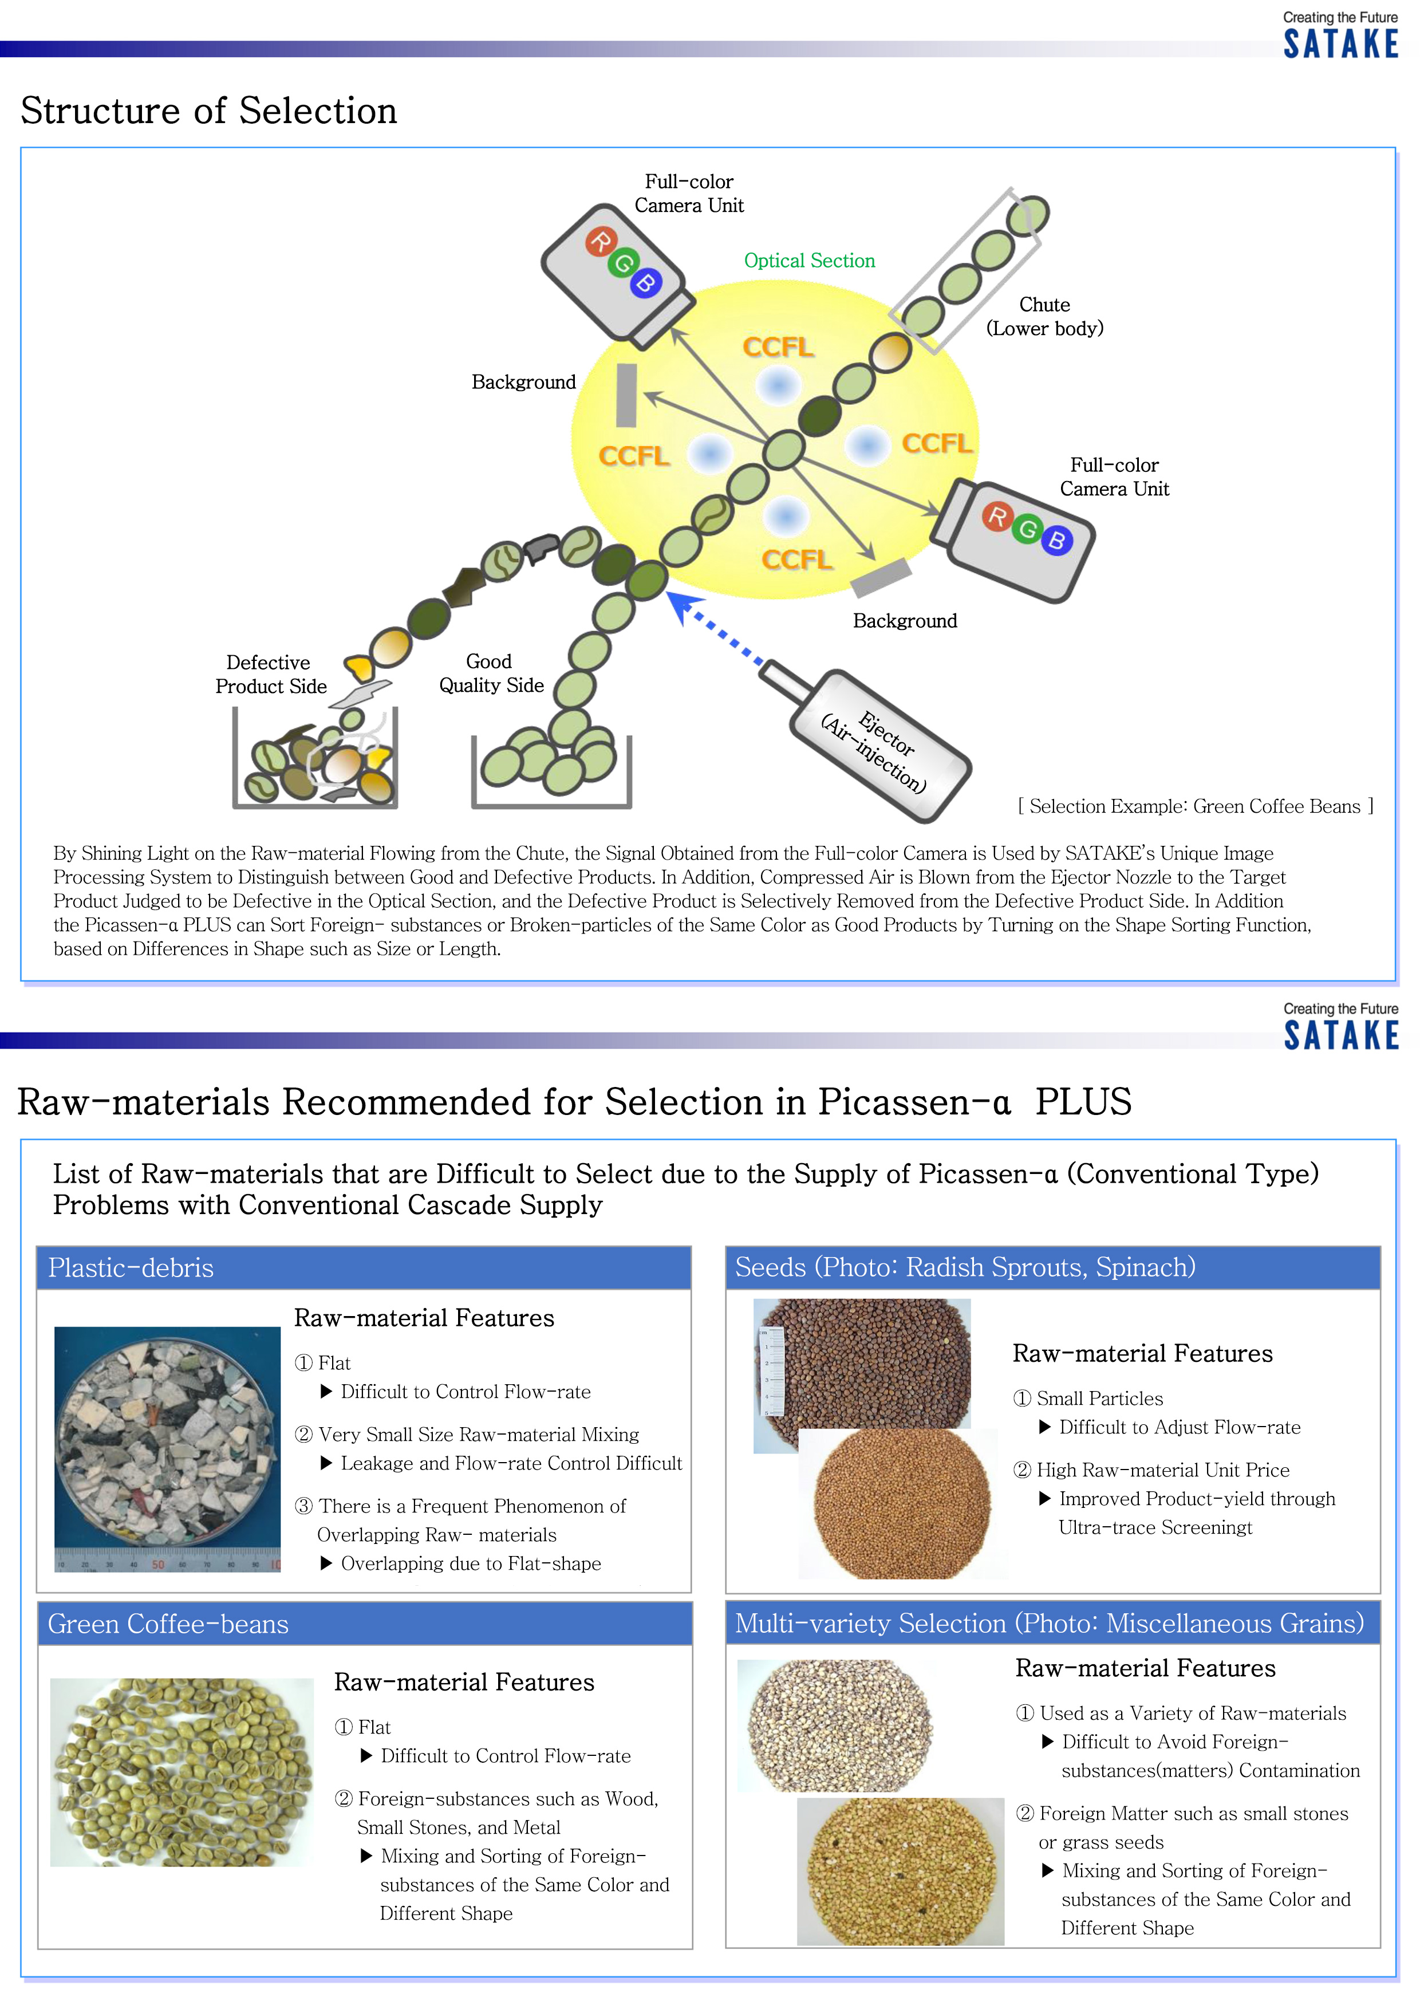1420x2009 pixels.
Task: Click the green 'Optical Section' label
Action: point(808,261)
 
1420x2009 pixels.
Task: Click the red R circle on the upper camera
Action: point(601,241)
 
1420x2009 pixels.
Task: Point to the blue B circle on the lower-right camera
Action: point(1057,540)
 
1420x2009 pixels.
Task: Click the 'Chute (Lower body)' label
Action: point(1044,317)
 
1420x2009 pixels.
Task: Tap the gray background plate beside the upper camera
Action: point(626,396)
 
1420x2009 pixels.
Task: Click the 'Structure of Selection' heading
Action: point(208,111)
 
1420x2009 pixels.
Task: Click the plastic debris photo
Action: point(167,1448)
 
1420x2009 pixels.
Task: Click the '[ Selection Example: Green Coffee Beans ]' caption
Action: point(1195,807)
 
